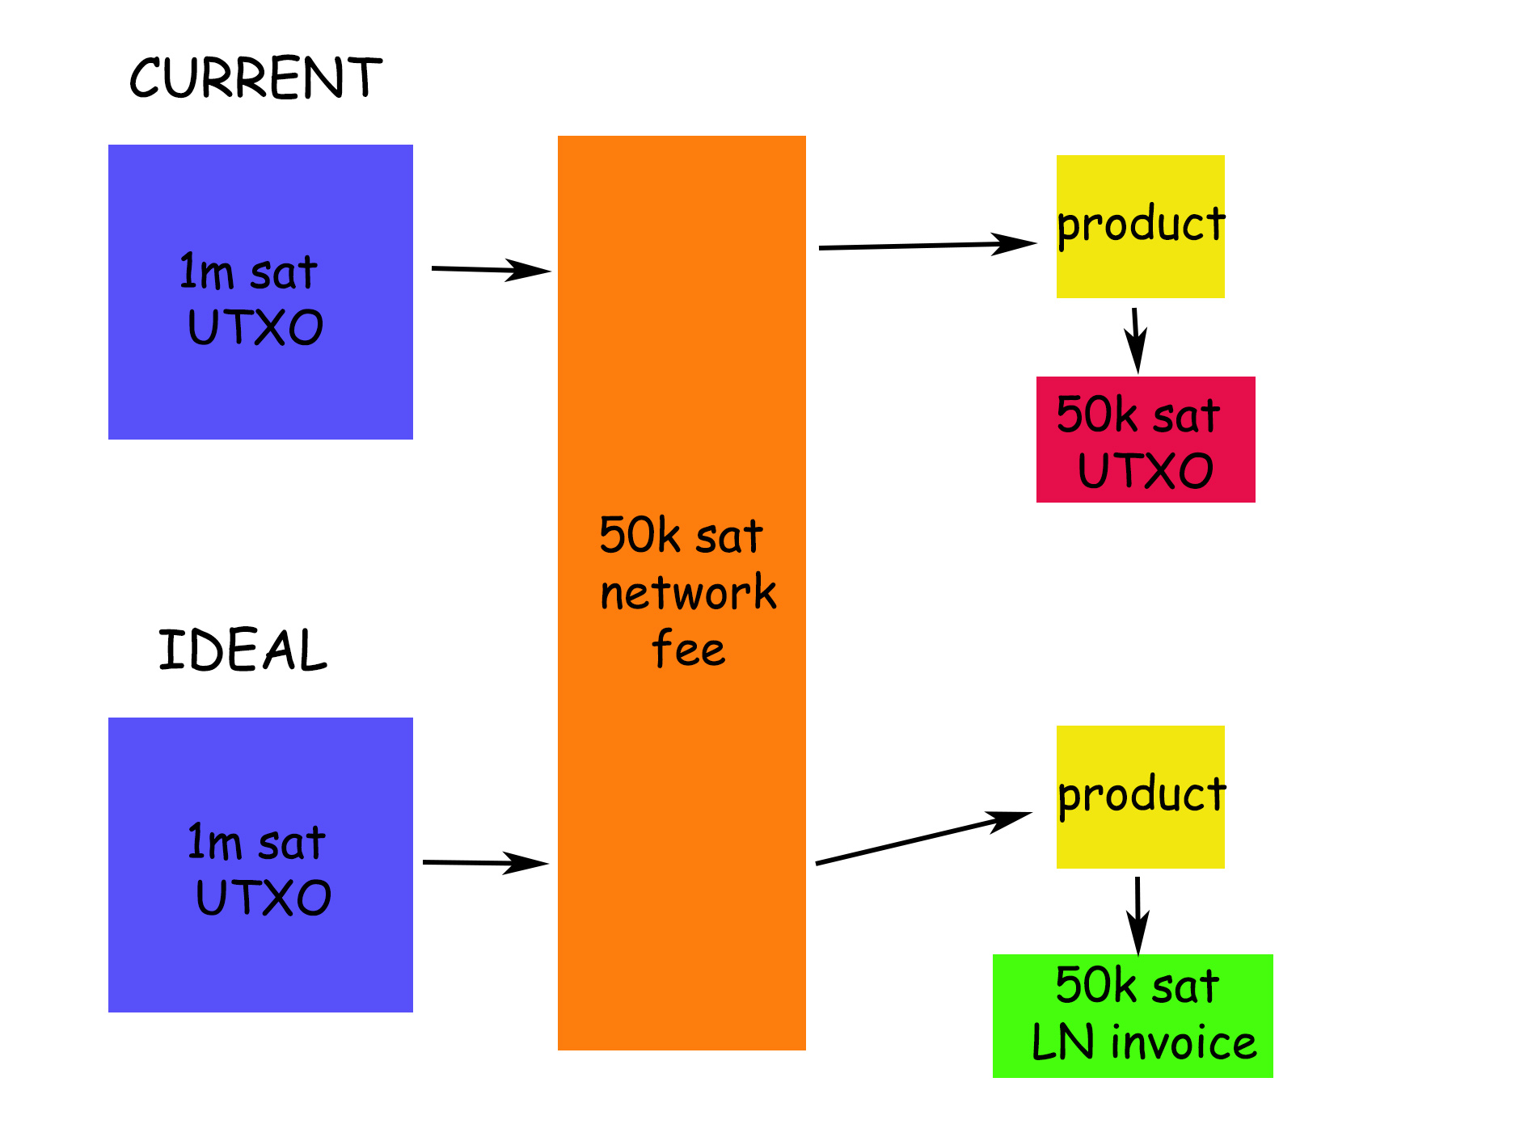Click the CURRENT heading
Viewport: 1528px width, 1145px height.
[x=255, y=78]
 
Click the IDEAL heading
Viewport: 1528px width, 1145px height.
[x=243, y=650]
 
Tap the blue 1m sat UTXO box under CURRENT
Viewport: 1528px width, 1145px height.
[x=260, y=292]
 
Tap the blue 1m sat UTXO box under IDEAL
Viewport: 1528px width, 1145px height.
[x=260, y=865]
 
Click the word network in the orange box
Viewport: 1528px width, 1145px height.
[x=688, y=593]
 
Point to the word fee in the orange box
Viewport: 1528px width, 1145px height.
[x=688, y=649]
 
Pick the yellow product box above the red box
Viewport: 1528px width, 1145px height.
[x=1140, y=226]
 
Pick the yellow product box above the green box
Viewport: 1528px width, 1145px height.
[x=1140, y=797]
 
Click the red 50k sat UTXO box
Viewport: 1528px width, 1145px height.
[x=1146, y=440]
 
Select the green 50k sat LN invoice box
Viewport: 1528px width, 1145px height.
[x=1133, y=1016]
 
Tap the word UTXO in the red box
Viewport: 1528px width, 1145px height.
[x=1146, y=471]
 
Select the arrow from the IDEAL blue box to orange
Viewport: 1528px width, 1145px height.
[x=485, y=863]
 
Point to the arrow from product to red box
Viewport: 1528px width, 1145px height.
[x=1136, y=339]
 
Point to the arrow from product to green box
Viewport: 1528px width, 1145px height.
[x=1138, y=915]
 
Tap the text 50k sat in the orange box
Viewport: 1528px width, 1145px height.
[x=681, y=537]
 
